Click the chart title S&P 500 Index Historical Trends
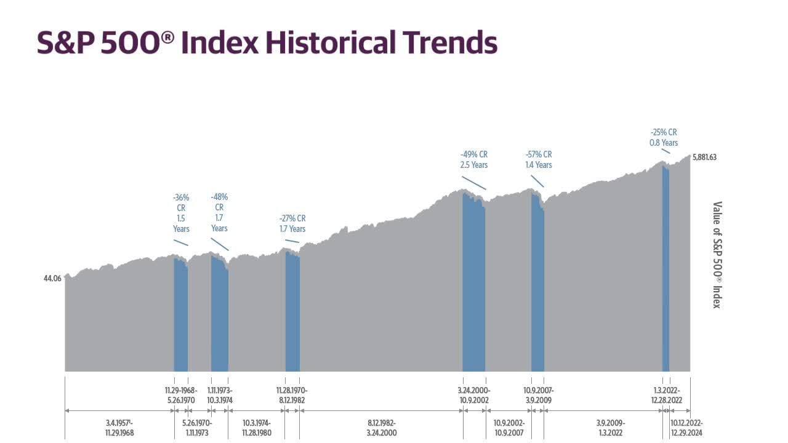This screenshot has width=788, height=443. pos(267,43)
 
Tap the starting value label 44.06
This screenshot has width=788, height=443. pos(52,279)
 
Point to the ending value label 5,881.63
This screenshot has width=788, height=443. pos(704,157)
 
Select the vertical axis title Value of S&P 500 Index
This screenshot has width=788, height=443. pos(717,255)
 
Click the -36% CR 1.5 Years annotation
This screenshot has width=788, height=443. pos(181,213)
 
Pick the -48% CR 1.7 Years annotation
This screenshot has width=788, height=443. pos(219,213)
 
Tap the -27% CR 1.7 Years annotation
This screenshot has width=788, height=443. pos(292,224)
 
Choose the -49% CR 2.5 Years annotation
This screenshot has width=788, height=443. pos(474,159)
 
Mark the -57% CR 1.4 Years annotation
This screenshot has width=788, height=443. pos(539,159)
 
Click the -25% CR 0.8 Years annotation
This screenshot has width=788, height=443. pos(664,138)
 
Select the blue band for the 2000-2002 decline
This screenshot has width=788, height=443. pos(474,289)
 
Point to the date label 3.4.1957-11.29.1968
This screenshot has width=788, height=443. pos(119,428)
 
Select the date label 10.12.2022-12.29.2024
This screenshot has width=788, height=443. pos(686,428)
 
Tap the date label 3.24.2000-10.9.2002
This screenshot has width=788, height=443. pos(474,395)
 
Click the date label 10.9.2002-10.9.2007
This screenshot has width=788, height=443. pos(509,428)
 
